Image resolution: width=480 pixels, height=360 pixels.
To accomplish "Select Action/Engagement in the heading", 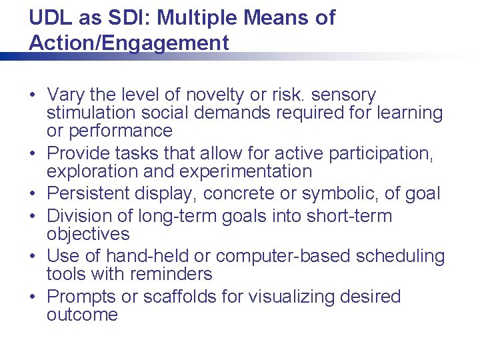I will (x=129, y=43).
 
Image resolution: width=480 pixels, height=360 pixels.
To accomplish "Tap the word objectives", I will (x=88, y=234).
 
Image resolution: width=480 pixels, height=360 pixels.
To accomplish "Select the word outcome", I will (x=82, y=315).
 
